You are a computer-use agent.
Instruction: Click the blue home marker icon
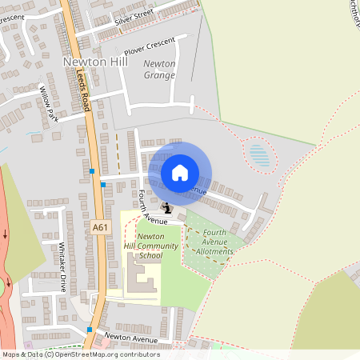[x=180, y=172]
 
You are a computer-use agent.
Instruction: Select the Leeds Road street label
[x=86, y=86]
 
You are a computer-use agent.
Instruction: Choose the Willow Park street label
[x=49, y=105]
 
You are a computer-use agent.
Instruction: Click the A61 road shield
[x=100, y=227]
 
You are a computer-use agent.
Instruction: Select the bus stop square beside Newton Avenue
[x=90, y=330]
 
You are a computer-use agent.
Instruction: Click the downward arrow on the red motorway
[x=5, y=234]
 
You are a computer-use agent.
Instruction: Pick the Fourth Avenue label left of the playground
[x=150, y=205]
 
